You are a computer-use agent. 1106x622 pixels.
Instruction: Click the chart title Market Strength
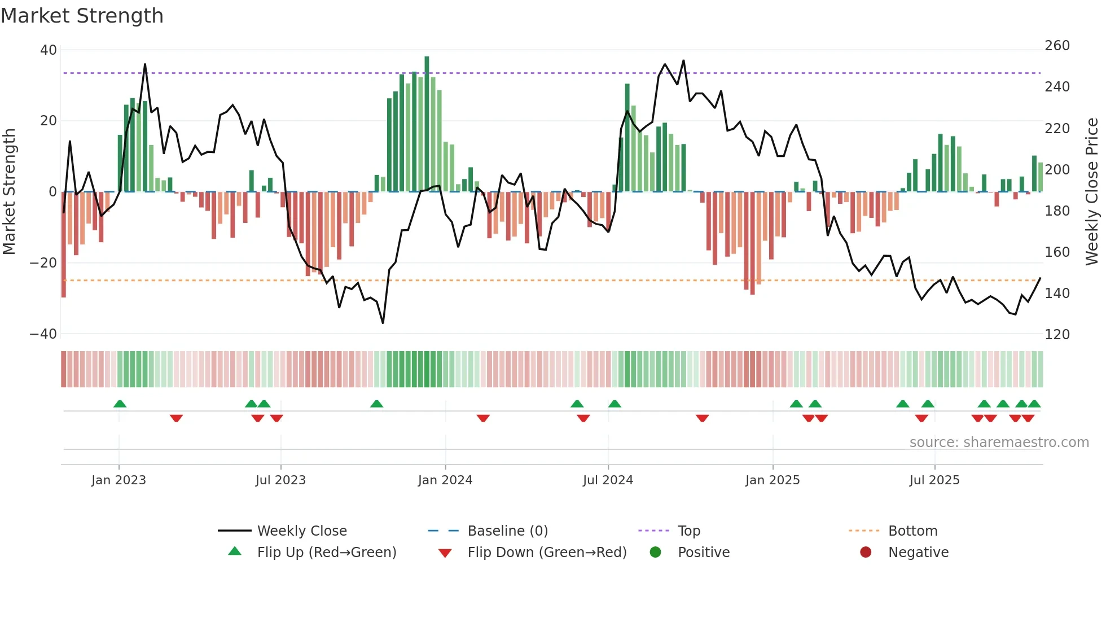82,16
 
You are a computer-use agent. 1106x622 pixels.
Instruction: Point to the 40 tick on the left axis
49,50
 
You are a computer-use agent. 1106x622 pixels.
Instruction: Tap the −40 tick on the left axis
43,334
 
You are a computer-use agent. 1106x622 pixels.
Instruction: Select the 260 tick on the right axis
1057,46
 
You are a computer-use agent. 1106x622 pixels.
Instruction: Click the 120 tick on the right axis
1057,335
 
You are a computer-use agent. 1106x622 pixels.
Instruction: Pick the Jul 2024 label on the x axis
608,480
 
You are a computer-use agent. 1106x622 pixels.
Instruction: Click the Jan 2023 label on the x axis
118,480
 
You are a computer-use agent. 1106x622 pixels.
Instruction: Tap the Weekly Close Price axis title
1092,192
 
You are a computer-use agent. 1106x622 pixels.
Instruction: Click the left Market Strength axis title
9,192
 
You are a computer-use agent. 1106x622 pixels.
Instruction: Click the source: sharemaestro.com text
999,443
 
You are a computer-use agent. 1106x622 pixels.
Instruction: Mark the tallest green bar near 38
427,124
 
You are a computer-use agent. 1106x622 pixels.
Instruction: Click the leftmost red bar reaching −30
64,244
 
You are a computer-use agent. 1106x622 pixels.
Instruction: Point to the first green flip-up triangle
120,404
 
